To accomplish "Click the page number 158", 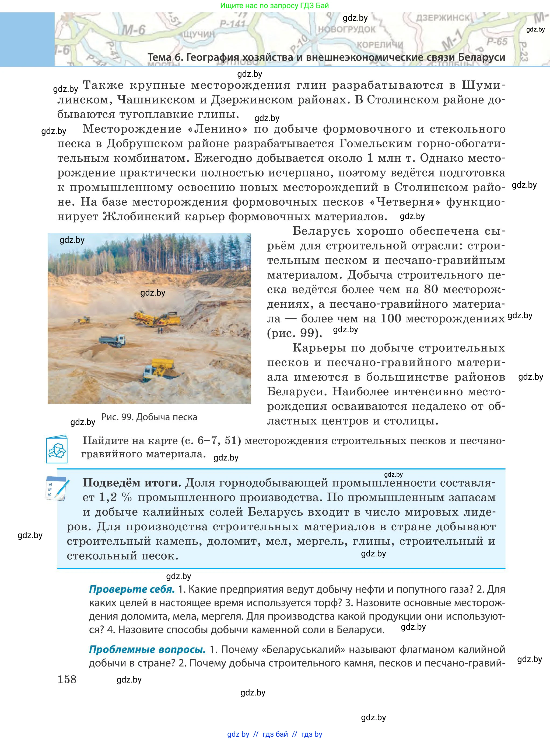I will click(x=67, y=679).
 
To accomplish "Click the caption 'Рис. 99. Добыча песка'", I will click(x=149, y=417).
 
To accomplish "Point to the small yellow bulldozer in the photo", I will click(x=83, y=320).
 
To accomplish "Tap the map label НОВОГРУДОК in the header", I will click(x=346, y=29).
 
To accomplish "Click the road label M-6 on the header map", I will click(x=133, y=30).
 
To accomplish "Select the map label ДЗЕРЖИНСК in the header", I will click(x=443, y=17).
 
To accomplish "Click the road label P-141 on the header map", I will click(x=232, y=24).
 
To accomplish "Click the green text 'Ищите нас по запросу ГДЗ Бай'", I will click(x=274, y=5).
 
